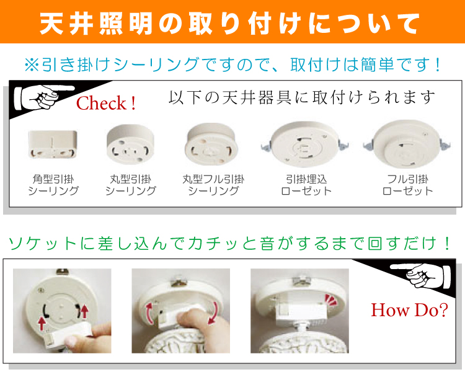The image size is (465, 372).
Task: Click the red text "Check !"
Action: [106, 103]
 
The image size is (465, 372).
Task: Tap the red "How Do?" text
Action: [409, 310]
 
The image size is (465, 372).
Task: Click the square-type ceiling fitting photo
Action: [53, 144]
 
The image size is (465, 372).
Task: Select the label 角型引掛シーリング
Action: [53, 185]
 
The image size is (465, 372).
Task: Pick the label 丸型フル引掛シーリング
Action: [213, 185]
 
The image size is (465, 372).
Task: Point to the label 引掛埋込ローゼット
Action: [306, 185]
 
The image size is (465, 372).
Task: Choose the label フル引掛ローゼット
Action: [408, 185]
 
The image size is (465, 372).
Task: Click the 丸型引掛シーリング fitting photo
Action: [130, 144]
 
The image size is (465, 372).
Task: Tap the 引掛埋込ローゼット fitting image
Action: [305, 144]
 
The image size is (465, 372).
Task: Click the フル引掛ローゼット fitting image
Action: [407, 144]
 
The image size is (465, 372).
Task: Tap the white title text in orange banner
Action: [230, 23]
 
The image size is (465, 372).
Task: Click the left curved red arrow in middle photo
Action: [149, 313]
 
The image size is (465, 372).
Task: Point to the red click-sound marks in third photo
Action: [331, 299]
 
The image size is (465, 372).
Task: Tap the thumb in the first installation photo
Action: [72, 340]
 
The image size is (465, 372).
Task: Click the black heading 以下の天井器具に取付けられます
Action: [302, 97]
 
